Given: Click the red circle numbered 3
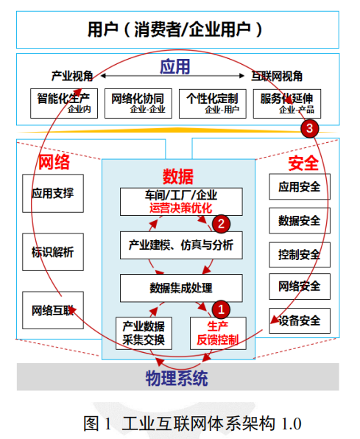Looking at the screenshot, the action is (309, 128).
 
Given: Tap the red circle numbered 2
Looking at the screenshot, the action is (221, 224).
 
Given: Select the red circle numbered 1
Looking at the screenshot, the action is (221, 309).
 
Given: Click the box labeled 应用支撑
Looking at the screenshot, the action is (53, 193).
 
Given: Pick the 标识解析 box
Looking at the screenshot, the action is (53, 252).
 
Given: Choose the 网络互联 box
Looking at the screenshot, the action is (53, 310).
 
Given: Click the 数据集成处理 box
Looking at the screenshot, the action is (181, 288).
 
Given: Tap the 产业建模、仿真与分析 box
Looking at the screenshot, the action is (181, 245).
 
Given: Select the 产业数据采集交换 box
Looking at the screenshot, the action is (144, 333).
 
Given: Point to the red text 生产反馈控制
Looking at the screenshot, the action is (218, 333).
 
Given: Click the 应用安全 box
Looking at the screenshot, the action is (300, 187).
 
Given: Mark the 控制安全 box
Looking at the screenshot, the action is (300, 255).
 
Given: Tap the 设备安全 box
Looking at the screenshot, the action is (300, 320).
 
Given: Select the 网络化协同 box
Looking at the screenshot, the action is (138, 104).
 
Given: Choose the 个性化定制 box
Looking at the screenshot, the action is (213, 104).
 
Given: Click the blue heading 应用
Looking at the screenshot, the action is (175, 66).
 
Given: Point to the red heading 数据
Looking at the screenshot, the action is (178, 177).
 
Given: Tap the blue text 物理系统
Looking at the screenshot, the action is (177, 379).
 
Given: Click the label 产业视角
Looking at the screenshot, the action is (72, 76).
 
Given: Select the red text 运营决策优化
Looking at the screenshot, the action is (181, 208).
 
